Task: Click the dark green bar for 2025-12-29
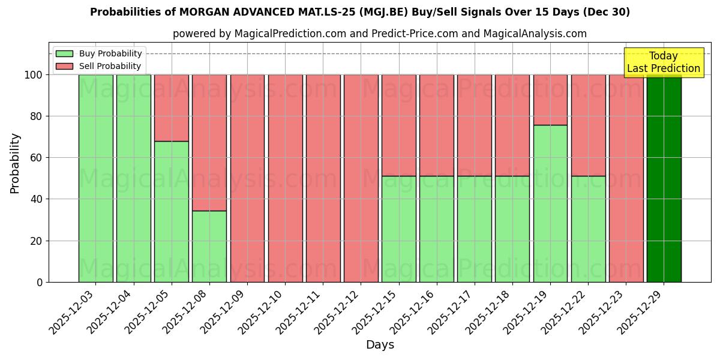coord(664,178)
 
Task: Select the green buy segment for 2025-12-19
coord(550,203)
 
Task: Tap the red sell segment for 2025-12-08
coord(209,143)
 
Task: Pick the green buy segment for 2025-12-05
coord(172,211)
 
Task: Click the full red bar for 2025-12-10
coord(285,178)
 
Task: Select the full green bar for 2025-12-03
coord(96,178)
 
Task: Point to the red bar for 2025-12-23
coord(626,178)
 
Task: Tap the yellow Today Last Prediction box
coord(663,62)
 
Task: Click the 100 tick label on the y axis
coord(33,75)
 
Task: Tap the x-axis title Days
coord(380,345)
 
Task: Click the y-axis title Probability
coord(15,163)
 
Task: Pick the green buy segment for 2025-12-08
coord(209,246)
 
